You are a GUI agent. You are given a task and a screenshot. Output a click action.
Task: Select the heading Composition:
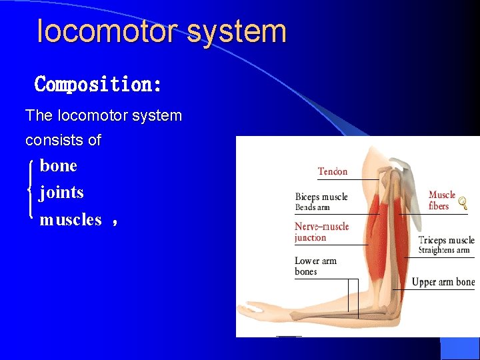pos(98,85)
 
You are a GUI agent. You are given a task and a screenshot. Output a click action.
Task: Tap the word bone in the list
pos(59,165)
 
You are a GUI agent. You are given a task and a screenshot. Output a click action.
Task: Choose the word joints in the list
pos(61,193)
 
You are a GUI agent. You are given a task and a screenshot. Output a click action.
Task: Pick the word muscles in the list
pos(71,219)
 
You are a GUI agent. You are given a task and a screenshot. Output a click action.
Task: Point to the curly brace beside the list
pos(31,192)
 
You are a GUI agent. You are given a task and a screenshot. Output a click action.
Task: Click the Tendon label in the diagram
pos(333,171)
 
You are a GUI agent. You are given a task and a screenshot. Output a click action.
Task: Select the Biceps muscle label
pos(321,197)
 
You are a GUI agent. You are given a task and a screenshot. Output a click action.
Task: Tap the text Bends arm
pos(312,207)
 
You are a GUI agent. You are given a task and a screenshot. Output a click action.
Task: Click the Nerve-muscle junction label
pos(321,232)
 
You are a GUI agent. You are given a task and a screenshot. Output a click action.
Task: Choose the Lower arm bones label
pos(315,266)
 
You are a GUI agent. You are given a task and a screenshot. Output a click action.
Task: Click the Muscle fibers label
pos(441,200)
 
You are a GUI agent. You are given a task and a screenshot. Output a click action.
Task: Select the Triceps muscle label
pos(446,240)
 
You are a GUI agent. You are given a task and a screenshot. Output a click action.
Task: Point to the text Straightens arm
pos(444,251)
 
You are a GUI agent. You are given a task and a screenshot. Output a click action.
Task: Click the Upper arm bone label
pos(443,282)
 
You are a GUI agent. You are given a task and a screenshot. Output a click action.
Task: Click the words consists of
pos(63,140)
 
